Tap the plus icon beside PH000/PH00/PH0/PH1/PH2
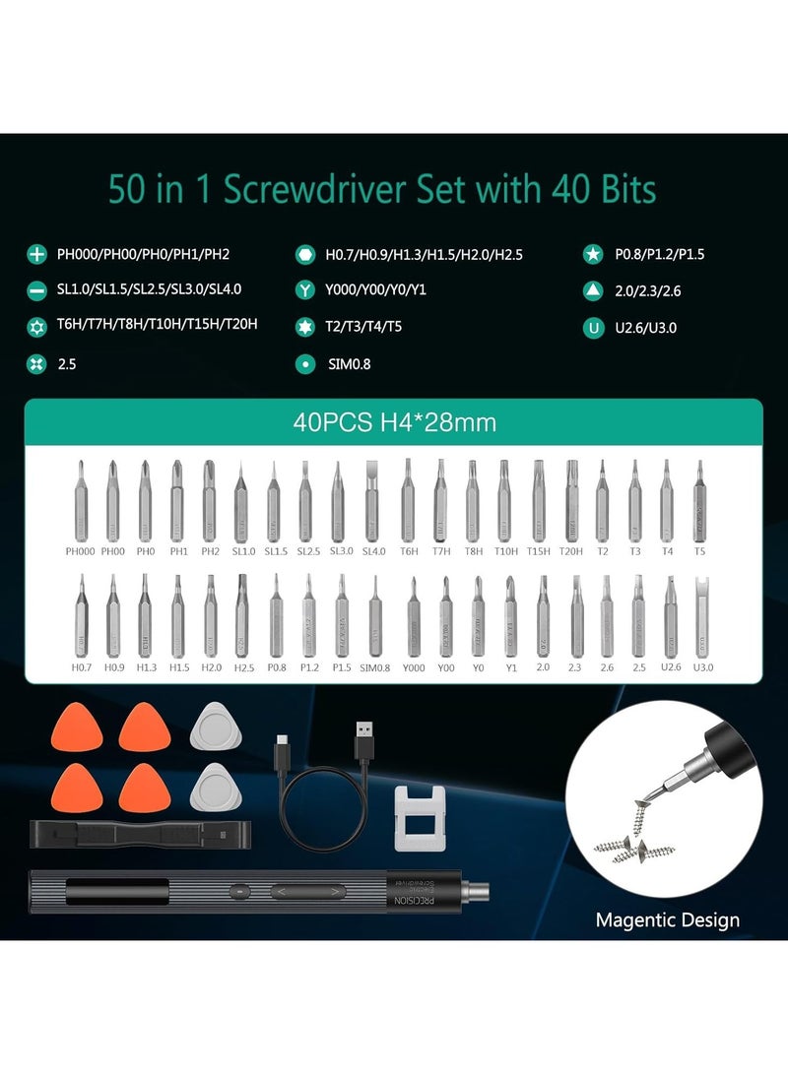36,255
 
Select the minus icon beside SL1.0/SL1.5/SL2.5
36,290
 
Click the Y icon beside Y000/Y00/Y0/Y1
305,290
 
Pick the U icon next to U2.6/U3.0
593,326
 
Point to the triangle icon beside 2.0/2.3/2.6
593,290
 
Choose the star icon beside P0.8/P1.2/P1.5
593,255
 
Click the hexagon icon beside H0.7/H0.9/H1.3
305,255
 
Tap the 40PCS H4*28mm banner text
394,423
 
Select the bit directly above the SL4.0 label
373,500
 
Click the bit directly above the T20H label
570,500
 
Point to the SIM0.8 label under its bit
374,666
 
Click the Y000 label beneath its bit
414,666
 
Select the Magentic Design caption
667,921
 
